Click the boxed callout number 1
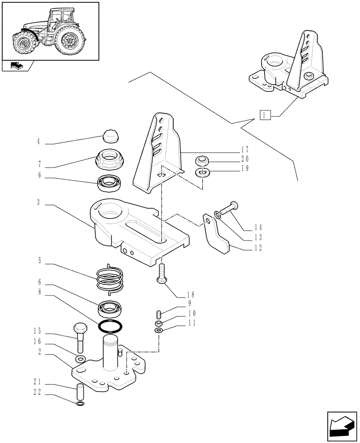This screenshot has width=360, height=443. point(265,116)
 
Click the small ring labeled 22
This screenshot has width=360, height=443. point(80,404)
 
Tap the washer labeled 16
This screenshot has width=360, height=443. point(81,358)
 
